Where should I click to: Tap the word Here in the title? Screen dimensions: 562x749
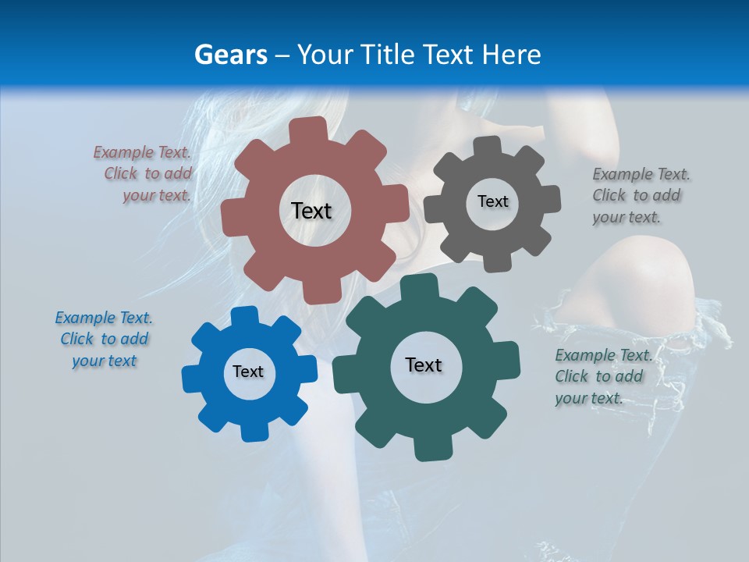click(511, 55)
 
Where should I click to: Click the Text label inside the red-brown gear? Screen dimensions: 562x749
click(311, 211)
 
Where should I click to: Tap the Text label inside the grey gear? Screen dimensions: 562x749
click(492, 201)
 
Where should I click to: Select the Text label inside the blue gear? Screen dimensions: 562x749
click(248, 372)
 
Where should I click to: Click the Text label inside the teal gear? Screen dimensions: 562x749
click(424, 365)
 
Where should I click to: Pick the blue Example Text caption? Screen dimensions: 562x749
click(104, 339)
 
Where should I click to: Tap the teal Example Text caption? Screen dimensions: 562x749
click(600, 376)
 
